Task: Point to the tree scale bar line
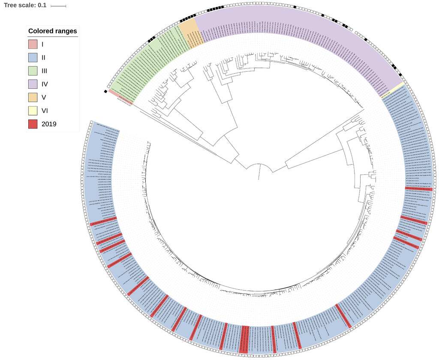coord(58,6)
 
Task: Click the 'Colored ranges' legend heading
coord(52,31)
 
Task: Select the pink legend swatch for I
coord(33,44)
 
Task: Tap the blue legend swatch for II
coord(33,57)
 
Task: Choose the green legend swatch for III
coord(33,71)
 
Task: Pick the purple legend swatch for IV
coord(33,84)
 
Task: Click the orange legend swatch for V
coord(33,97)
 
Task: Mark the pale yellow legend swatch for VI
coord(33,111)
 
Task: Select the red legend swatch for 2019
coord(33,124)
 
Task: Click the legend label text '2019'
coord(49,124)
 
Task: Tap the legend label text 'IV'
coord(45,84)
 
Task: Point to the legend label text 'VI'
coord(45,111)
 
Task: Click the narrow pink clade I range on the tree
coord(120,97)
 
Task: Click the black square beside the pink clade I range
coord(105,91)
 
